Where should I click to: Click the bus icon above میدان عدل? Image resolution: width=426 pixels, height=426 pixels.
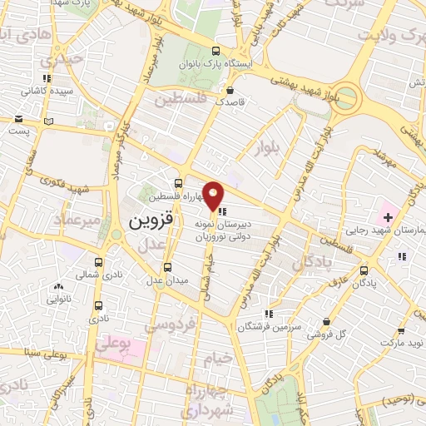(168, 267)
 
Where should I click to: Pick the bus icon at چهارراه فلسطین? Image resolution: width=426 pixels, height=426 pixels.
(179, 184)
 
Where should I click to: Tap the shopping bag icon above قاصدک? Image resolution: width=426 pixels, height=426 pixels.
(229, 91)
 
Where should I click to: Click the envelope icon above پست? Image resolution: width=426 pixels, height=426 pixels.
(18, 119)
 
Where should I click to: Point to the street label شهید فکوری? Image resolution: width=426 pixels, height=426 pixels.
(53, 177)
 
